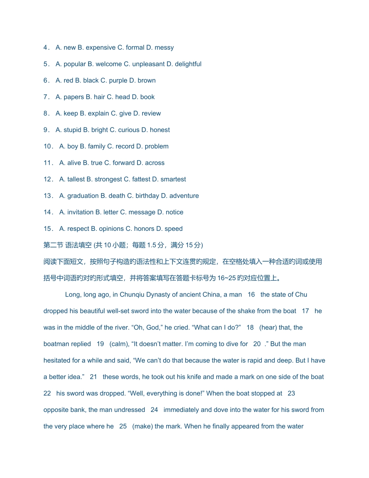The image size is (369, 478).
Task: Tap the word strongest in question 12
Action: pos(107,179)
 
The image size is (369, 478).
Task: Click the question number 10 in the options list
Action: pos(48,146)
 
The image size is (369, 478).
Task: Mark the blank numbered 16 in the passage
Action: pos(251,295)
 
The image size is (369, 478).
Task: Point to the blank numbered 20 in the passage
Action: pos(257,344)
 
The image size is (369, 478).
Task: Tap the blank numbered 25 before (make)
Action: pos(123,426)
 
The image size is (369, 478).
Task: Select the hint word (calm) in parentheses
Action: pos(120,344)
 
